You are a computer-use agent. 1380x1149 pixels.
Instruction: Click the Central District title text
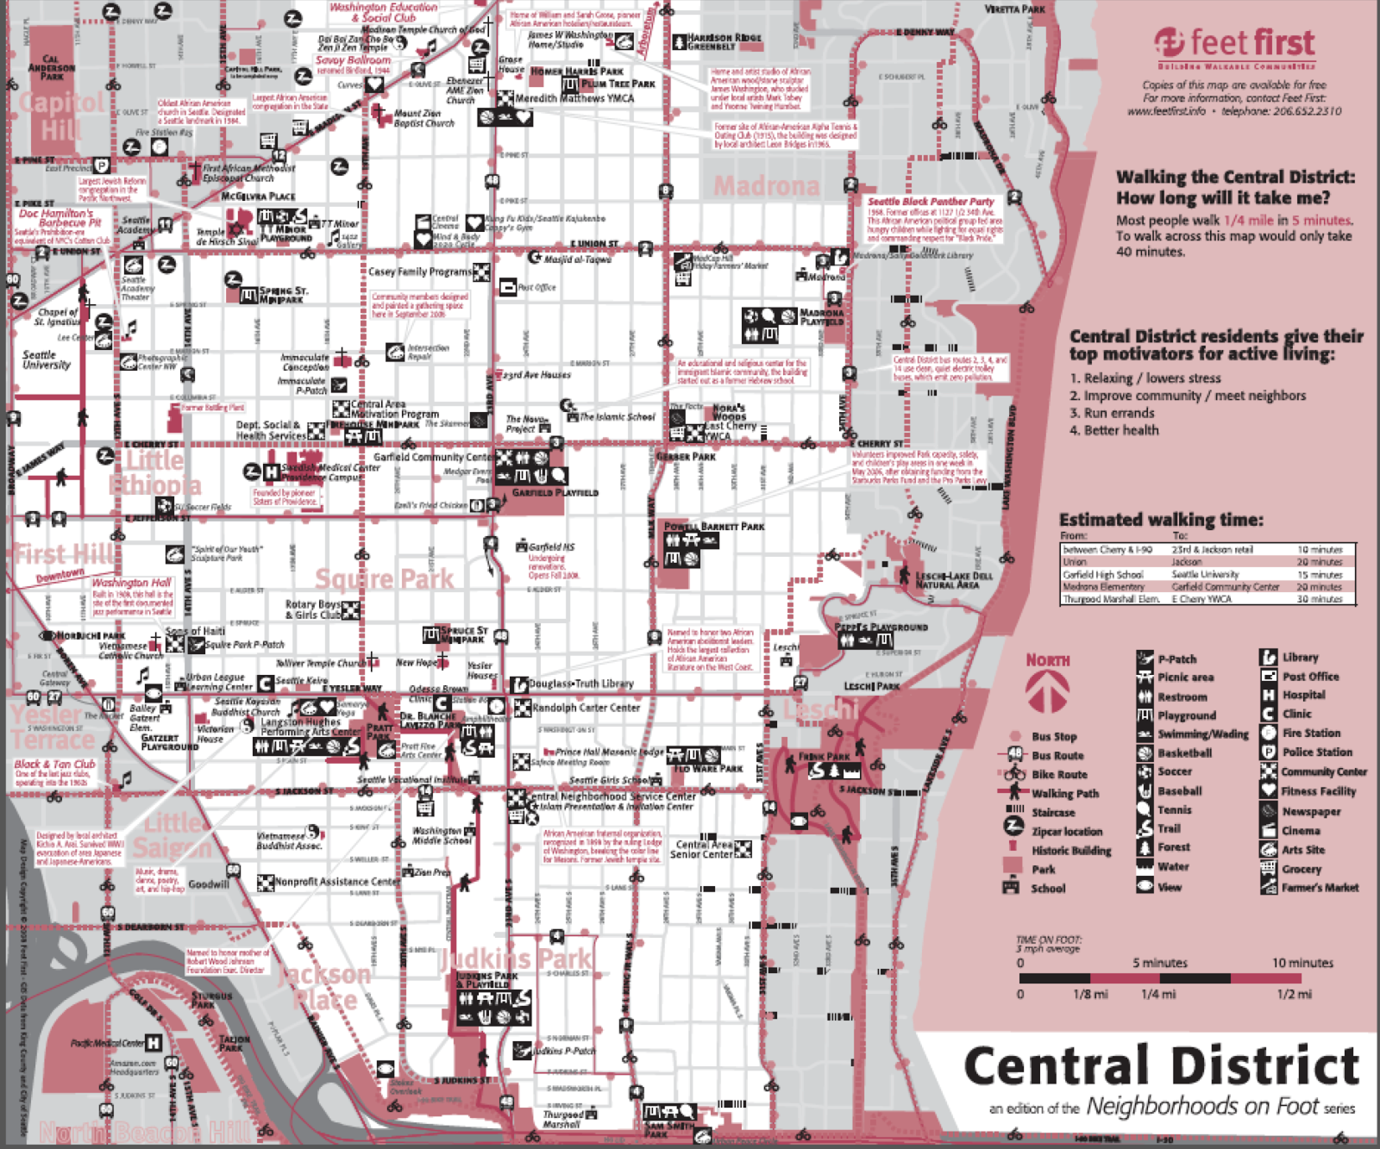click(1160, 1066)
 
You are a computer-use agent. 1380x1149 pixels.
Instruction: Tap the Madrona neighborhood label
click(766, 186)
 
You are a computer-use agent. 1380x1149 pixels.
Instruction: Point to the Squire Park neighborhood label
click(384, 578)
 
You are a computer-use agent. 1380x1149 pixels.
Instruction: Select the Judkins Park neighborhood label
click(516, 958)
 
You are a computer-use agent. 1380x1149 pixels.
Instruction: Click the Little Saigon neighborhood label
click(172, 835)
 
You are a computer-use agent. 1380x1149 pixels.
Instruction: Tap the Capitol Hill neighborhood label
click(60, 116)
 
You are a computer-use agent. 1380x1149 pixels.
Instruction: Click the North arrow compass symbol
click(1047, 690)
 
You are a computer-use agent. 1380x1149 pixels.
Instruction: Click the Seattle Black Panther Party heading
click(931, 201)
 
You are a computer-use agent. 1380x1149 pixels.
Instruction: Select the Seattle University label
click(46, 359)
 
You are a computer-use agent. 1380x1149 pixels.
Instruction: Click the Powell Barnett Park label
click(714, 526)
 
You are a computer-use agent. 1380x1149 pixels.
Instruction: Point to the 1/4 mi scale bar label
click(1157, 994)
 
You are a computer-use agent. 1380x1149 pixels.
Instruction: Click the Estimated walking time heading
click(1160, 520)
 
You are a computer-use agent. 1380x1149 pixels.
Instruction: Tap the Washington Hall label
click(132, 583)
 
